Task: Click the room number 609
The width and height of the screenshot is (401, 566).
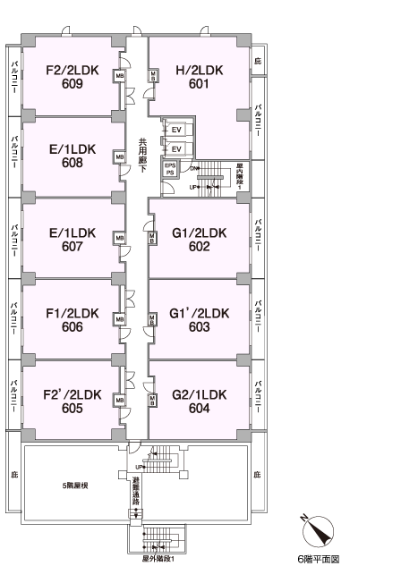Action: coord(73,84)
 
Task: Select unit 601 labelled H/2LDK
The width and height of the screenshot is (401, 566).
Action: coord(199,77)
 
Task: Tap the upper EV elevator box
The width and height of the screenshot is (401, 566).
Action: coord(176,130)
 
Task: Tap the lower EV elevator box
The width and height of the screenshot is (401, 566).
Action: coord(176,149)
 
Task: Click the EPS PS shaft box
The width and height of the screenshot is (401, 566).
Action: coord(170,169)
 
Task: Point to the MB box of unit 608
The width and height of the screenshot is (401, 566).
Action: coord(120,157)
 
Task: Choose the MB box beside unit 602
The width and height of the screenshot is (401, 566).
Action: coord(152,238)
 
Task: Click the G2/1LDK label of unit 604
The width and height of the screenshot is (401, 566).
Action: coord(200,394)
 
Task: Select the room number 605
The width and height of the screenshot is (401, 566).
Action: coord(73,409)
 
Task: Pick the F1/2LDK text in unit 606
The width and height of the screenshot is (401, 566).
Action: coord(73,313)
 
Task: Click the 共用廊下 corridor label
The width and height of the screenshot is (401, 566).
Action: coord(142,156)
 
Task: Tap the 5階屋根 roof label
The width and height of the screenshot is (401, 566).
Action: coord(75,486)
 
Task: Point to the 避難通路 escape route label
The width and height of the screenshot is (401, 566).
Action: coord(136,492)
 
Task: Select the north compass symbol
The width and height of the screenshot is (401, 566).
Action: coord(317,530)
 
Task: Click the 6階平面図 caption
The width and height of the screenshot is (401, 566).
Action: coord(319,559)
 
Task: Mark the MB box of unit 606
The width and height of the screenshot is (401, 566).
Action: coord(120,319)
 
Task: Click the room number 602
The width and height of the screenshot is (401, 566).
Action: coord(199,247)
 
